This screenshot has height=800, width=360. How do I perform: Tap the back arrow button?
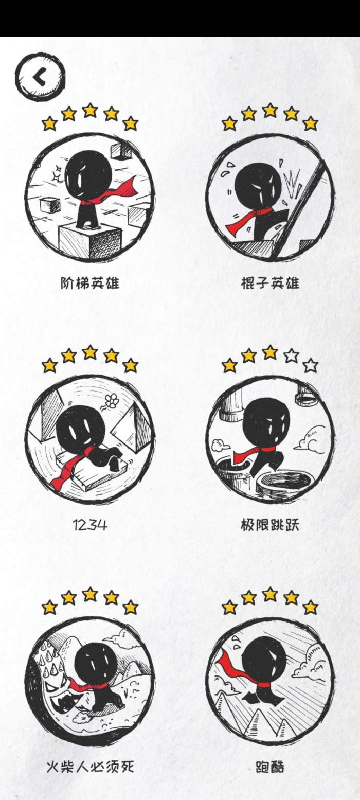pos(40,77)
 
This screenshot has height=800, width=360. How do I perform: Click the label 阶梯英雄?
pos(89,283)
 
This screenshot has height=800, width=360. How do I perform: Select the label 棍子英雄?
pos(270,283)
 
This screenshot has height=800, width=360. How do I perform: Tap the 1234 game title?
pos(89,525)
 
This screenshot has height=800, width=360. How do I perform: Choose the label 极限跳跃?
pos(270,525)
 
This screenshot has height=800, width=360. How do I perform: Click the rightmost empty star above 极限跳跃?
pos(310,365)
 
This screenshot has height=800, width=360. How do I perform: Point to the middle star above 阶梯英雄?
pos(90,110)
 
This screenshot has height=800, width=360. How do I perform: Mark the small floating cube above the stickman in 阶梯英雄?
pos(121,152)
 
